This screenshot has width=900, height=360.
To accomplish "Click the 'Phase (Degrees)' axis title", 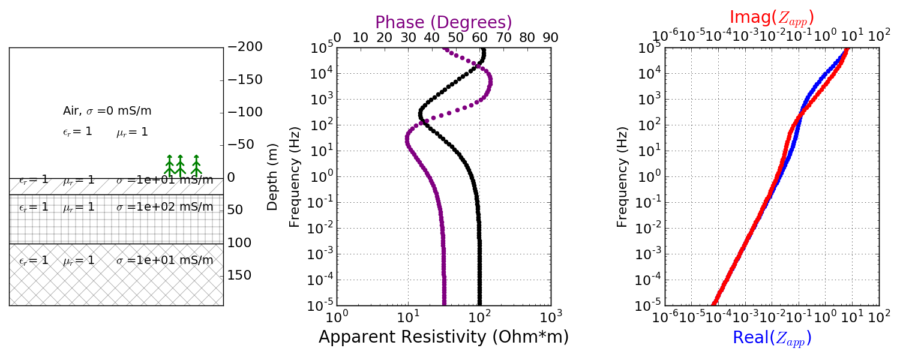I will tap(443, 22).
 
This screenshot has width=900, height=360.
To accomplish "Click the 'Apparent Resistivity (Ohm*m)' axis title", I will tap(443, 337).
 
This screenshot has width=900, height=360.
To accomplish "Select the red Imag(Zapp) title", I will tap(772, 17).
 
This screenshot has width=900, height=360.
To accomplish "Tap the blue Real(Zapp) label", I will tap(772, 338).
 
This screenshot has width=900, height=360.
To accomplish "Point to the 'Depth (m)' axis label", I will tap(273, 177).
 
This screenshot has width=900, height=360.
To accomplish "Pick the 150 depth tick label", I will tap(239, 275).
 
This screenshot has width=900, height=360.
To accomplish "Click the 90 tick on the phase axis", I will tap(550, 38).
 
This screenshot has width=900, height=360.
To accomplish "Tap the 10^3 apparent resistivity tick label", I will tap(551, 316).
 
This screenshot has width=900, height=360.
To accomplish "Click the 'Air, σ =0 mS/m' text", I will tap(107, 111).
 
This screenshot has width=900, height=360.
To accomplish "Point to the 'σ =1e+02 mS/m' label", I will tap(164, 207).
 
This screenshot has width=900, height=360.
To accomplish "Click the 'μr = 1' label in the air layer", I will tap(132, 132).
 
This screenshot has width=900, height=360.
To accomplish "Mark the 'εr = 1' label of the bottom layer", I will tap(34, 260).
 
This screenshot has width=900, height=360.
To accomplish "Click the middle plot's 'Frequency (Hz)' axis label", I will tap(295, 177).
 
